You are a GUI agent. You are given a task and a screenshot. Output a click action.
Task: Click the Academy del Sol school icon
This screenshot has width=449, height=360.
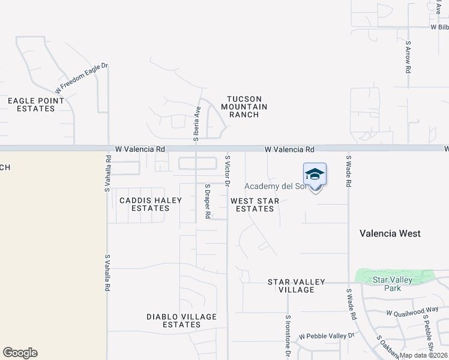315,175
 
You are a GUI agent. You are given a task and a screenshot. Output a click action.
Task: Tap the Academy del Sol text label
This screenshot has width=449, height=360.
276,187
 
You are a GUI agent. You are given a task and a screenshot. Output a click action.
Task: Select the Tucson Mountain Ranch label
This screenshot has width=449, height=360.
244,107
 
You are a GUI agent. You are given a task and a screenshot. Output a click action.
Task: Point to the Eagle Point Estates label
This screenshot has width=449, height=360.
31,104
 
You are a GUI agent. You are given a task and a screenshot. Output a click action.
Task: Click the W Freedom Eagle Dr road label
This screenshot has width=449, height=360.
81,78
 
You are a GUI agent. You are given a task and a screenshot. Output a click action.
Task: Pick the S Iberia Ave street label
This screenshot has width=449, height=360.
196,124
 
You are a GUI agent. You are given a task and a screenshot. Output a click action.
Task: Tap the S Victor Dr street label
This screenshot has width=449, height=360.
228,170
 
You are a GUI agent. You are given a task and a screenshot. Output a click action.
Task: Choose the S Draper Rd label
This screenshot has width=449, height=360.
207,201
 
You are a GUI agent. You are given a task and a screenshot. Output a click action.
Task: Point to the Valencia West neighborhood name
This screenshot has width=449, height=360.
390,233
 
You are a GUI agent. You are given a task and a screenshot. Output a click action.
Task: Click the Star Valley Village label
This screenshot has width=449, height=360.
297,286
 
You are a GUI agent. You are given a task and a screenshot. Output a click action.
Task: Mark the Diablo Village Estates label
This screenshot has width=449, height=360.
174,320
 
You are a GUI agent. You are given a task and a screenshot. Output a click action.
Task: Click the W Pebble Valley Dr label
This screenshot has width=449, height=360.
327,336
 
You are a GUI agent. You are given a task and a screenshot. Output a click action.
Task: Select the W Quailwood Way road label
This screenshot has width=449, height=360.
412,312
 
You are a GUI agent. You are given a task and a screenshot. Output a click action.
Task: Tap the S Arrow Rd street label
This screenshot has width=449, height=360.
408,58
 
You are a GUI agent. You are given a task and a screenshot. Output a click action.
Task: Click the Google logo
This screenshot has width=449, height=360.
20,353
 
